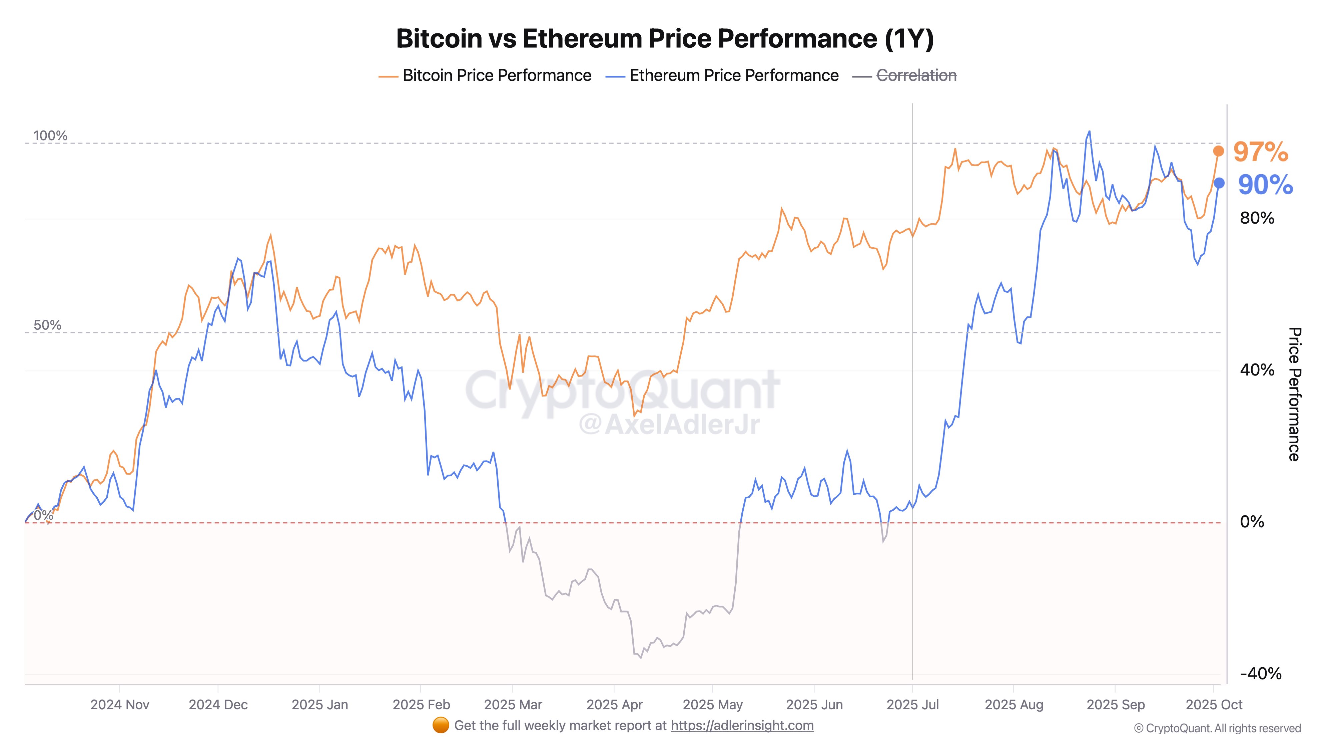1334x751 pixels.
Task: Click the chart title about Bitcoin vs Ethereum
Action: pyautogui.click(x=665, y=38)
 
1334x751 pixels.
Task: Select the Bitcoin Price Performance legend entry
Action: pyautogui.click(x=496, y=76)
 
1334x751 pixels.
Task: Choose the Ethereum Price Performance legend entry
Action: pyautogui.click(x=733, y=76)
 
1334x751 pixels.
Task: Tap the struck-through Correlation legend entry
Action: pyautogui.click(x=915, y=76)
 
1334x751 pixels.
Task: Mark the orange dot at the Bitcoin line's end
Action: pyautogui.click(x=1219, y=151)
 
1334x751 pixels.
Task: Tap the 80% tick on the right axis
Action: pyautogui.click(x=1257, y=218)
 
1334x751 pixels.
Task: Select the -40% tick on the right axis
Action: pyautogui.click(x=1261, y=674)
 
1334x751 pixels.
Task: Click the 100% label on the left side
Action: pyautogui.click(x=50, y=136)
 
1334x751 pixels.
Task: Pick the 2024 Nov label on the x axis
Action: pyautogui.click(x=120, y=705)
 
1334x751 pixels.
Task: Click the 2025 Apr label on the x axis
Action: pyautogui.click(x=614, y=705)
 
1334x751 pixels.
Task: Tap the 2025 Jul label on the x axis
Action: pyautogui.click(x=912, y=705)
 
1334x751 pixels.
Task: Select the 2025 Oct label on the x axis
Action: pyautogui.click(x=1214, y=705)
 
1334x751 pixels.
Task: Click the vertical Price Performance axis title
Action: pyautogui.click(x=1295, y=394)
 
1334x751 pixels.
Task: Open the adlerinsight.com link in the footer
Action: pyautogui.click(x=742, y=726)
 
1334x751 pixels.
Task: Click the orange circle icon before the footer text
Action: pyautogui.click(x=440, y=726)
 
